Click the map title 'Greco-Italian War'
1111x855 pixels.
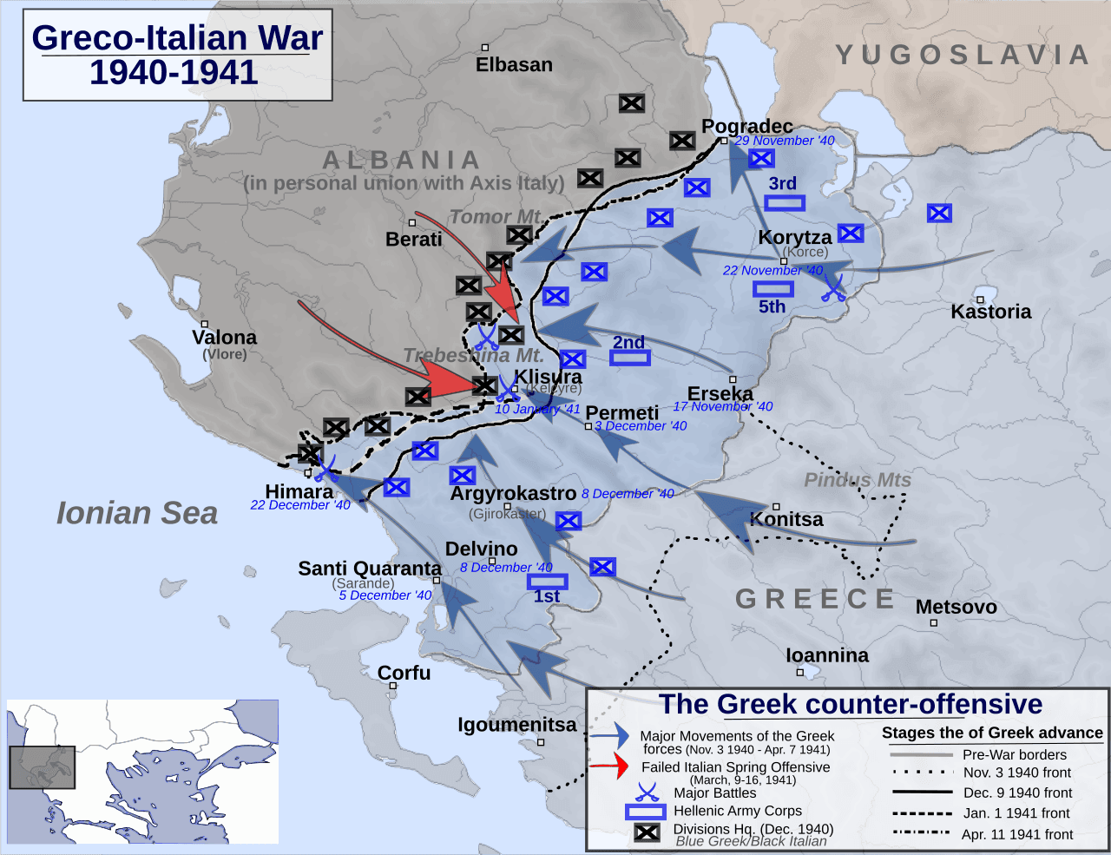(177, 38)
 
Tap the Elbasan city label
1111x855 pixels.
(514, 65)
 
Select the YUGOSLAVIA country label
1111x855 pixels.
(963, 56)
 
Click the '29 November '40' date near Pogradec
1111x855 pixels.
(785, 141)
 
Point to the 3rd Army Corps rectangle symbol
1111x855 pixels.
(785, 203)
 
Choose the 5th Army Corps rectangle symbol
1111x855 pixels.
(772, 289)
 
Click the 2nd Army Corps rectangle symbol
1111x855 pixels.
(629, 357)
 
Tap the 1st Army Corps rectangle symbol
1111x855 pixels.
(547, 581)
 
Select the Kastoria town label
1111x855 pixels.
(990, 312)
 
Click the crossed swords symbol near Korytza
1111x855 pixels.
(833, 288)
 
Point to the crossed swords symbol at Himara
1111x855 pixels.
(325, 469)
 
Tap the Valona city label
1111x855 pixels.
(224, 338)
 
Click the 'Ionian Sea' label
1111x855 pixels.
(137, 513)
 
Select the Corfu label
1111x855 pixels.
(404, 673)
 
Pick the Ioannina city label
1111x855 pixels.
(827, 655)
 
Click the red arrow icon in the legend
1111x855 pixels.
(609, 766)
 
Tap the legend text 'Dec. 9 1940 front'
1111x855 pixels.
(1017, 793)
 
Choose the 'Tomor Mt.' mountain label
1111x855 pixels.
(496, 217)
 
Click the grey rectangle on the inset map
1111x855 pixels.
(42, 766)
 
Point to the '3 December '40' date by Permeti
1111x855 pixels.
(641, 426)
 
